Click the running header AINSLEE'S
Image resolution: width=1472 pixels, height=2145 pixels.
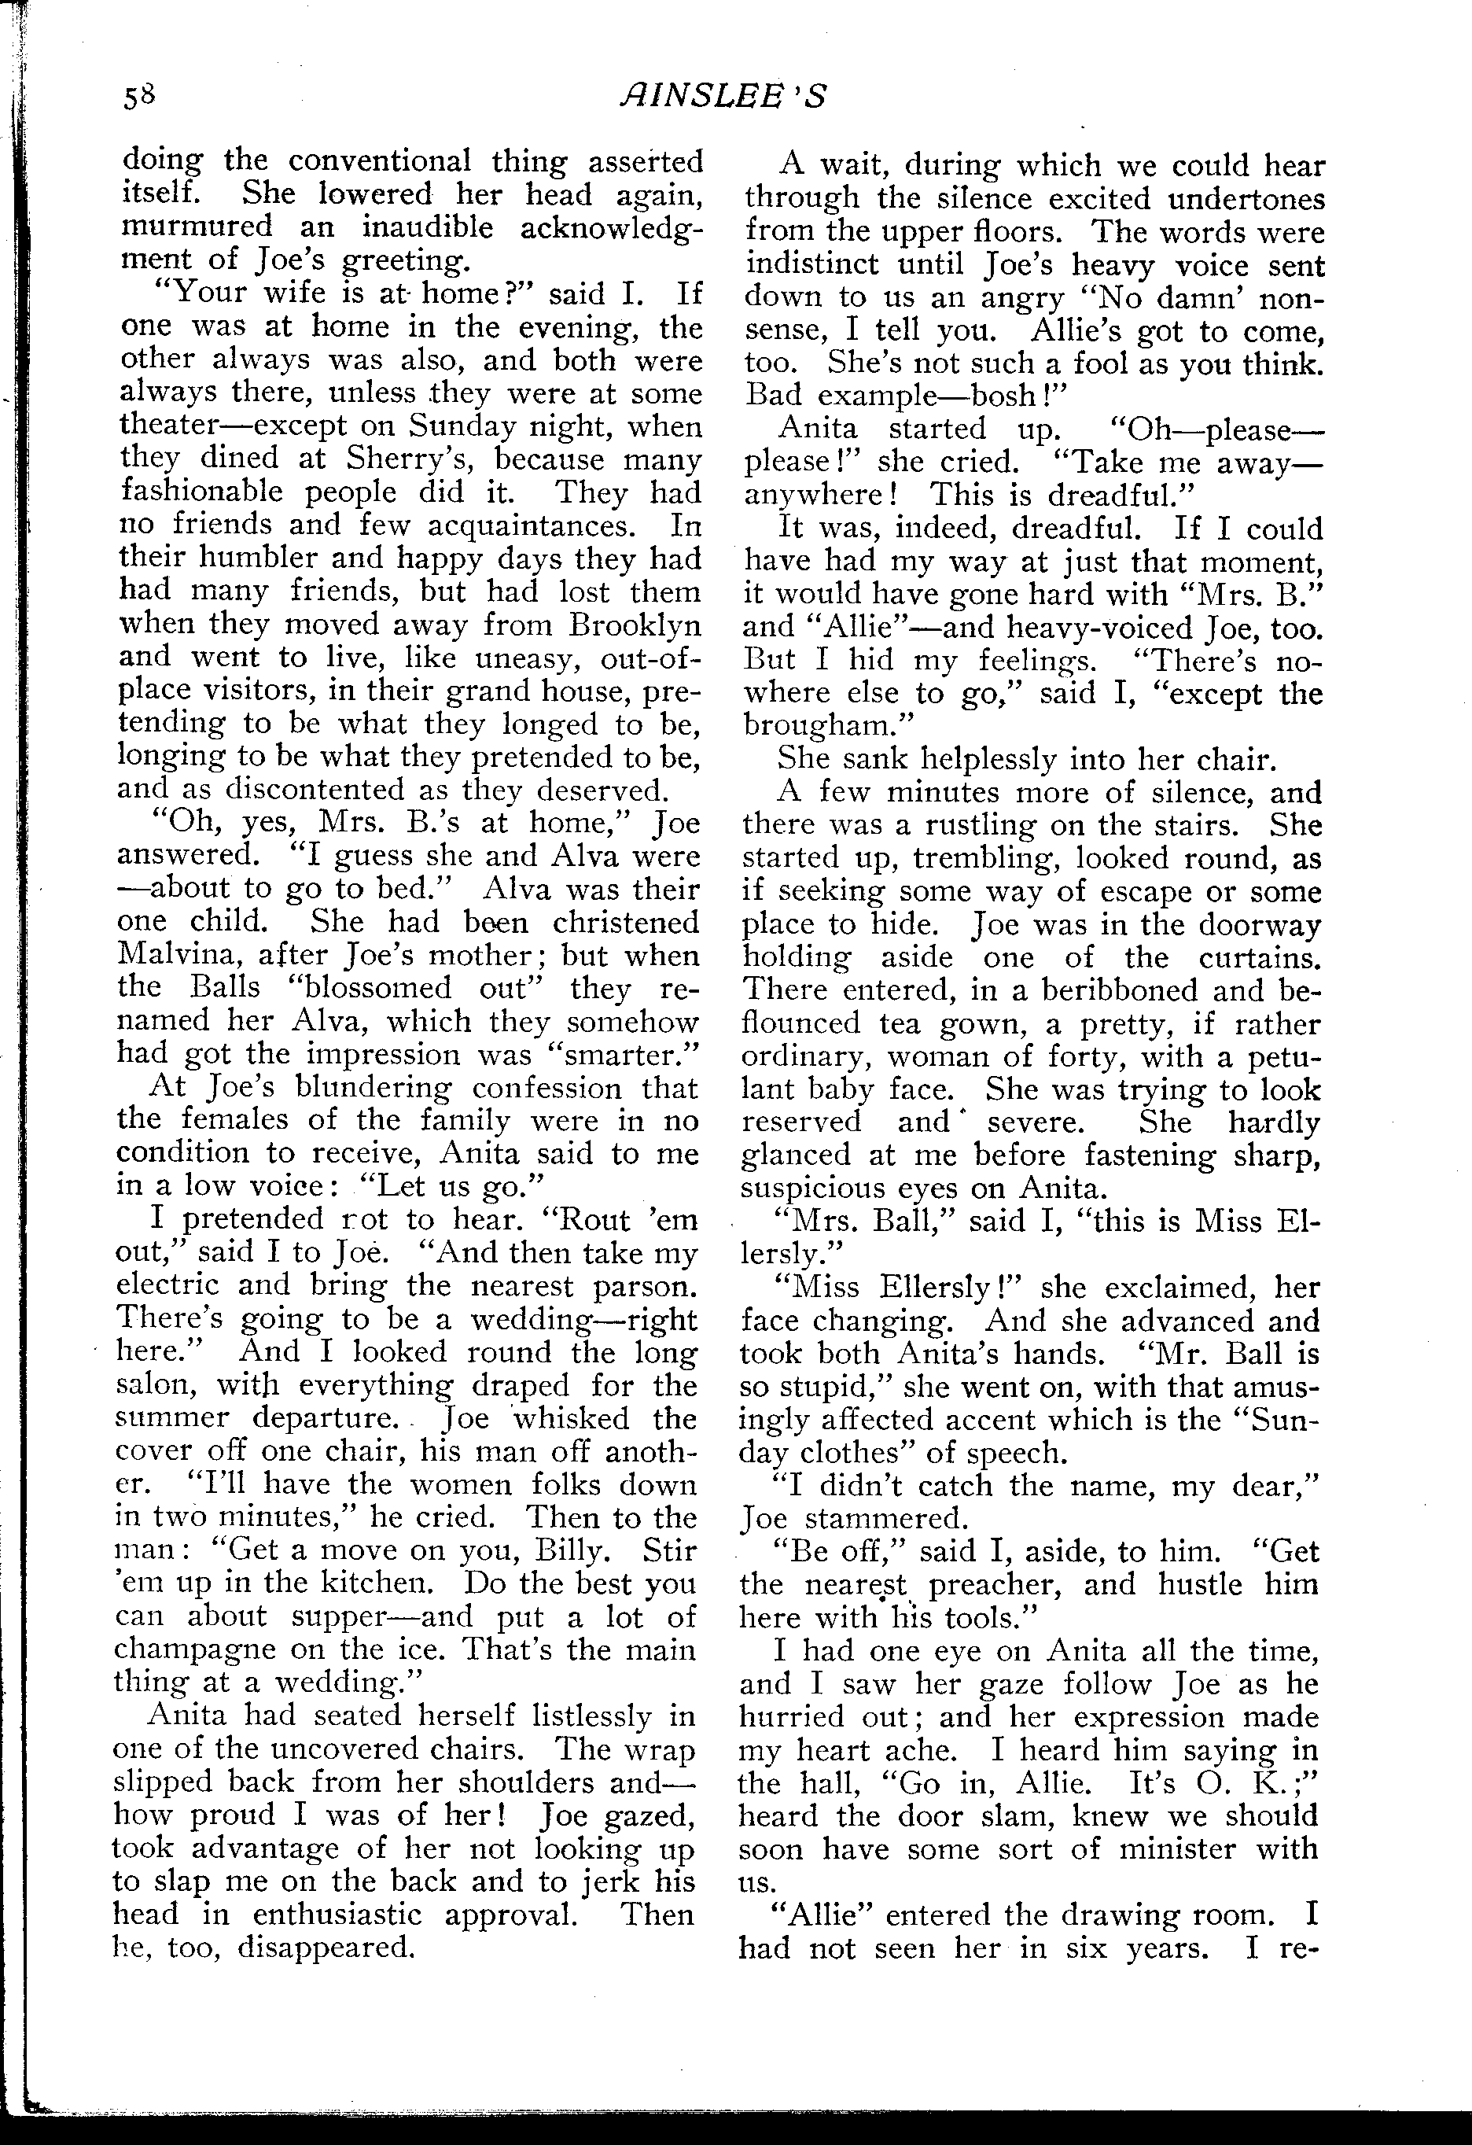coord(723,96)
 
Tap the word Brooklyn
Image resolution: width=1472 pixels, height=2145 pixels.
coord(634,625)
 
